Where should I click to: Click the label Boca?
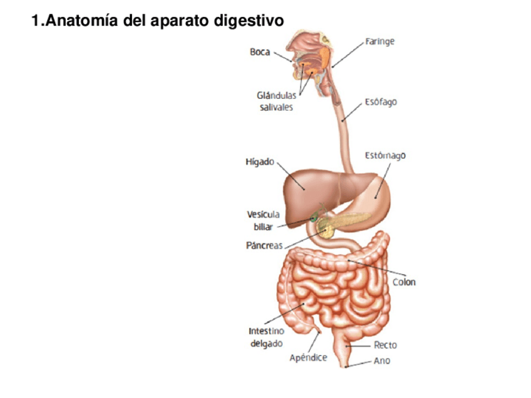(260, 53)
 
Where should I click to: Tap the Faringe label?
(380, 42)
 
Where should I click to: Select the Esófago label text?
(381, 102)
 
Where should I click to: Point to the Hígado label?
(259, 162)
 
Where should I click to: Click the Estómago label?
(385, 155)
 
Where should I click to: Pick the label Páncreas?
(264, 245)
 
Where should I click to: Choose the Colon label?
(404, 282)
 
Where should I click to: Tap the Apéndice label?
(308, 358)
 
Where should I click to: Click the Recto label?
(385, 345)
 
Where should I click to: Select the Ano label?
(382, 361)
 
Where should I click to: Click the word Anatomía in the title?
(85, 21)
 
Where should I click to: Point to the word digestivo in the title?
(249, 21)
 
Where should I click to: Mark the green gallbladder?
(314, 217)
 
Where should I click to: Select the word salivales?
(276, 107)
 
